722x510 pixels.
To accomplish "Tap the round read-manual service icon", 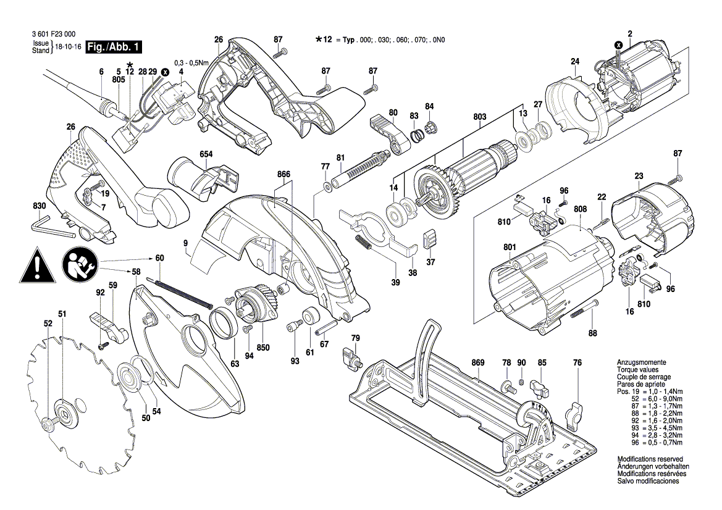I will (x=80, y=264).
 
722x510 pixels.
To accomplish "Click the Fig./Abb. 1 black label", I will (x=114, y=47).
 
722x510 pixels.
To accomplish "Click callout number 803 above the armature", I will (x=480, y=116).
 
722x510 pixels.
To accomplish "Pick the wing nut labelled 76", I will (x=574, y=412).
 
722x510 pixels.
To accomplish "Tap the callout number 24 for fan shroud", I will (x=574, y=61).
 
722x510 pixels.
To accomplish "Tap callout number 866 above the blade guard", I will (x=283, y=175).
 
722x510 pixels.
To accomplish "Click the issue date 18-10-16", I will (x=68, y=47).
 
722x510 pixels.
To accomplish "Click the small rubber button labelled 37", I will (x=430, y=238).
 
